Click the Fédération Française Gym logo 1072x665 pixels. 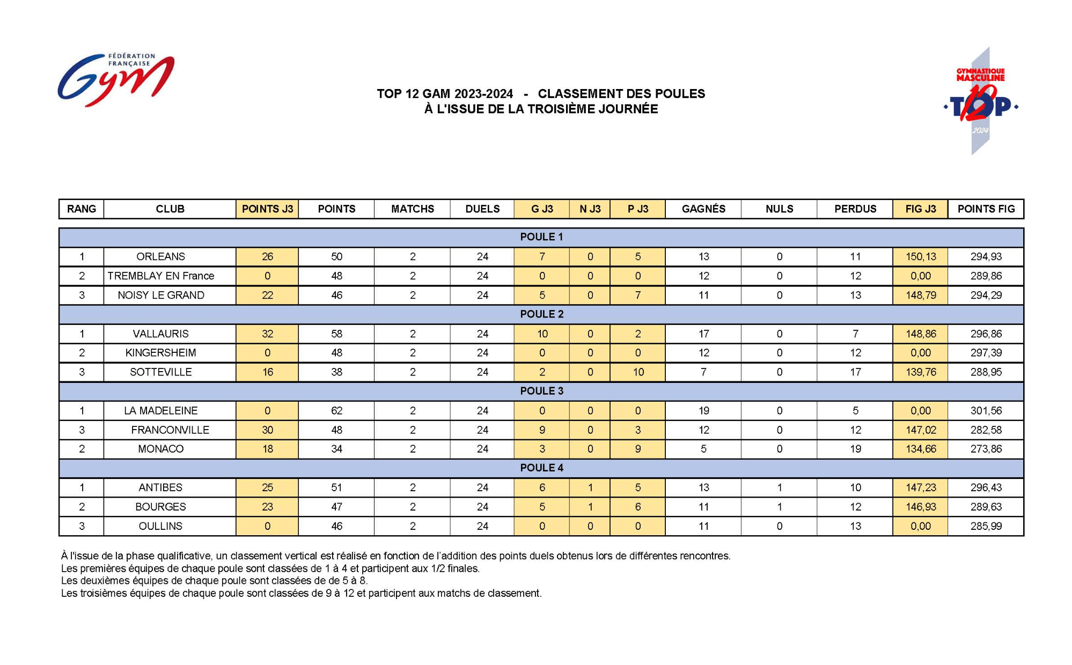pos(116,79)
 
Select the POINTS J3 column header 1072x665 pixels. pos(267,209)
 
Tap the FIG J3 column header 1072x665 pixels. pos(920,209)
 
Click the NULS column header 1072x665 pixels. pos(779,209)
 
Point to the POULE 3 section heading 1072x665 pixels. pos(541,391)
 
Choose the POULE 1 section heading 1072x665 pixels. pos(541,237)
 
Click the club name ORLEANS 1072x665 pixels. pos(160,257)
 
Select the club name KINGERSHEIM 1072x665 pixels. pos(160,353)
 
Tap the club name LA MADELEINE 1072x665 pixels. pos(160,411)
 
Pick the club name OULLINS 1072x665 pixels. pos(160,526)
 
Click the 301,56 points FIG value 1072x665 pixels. pos(986,411)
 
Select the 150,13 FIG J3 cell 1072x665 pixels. pos(921,257)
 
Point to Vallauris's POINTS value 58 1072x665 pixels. pos(336,334)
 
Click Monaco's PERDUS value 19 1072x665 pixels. pos(855,449)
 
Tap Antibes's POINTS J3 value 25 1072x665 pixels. pos(267,487)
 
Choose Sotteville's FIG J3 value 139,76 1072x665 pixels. pos(921,372)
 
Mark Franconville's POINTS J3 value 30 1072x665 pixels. pos(267,430)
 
